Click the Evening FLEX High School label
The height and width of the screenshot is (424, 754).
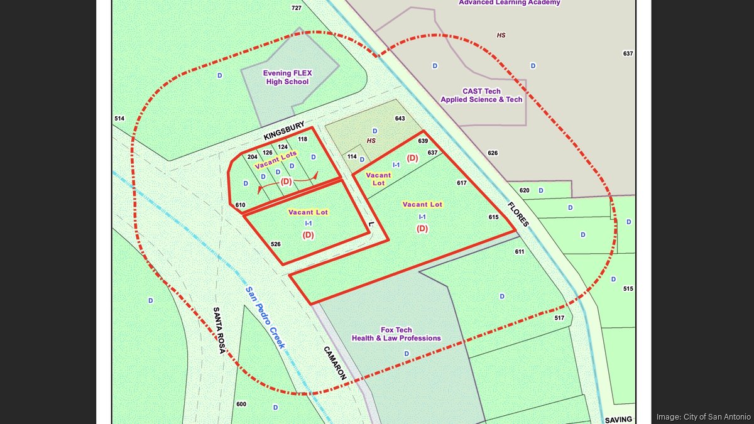pos(287,77)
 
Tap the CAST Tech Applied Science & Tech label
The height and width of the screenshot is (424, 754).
pos(481,95)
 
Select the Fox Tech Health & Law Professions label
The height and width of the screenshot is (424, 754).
pos(396,334)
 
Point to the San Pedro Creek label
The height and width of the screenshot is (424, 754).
pos(265,317)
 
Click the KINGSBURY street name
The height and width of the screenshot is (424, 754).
pos(284,131)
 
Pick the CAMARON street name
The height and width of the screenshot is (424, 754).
pos(335,362)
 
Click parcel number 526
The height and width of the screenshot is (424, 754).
pos(275,244)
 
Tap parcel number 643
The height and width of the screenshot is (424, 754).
pos(400,119)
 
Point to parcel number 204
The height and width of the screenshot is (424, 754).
pos(253,156)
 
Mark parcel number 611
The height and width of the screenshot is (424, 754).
pos(519,251)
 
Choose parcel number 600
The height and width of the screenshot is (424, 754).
pos(241,404)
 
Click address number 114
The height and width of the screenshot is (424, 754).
pos(352,156)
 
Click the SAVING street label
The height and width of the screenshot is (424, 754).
pos(618,419)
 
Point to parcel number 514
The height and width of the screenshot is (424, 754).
pos(119,118)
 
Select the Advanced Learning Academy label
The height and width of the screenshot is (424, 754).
pos(509,3)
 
